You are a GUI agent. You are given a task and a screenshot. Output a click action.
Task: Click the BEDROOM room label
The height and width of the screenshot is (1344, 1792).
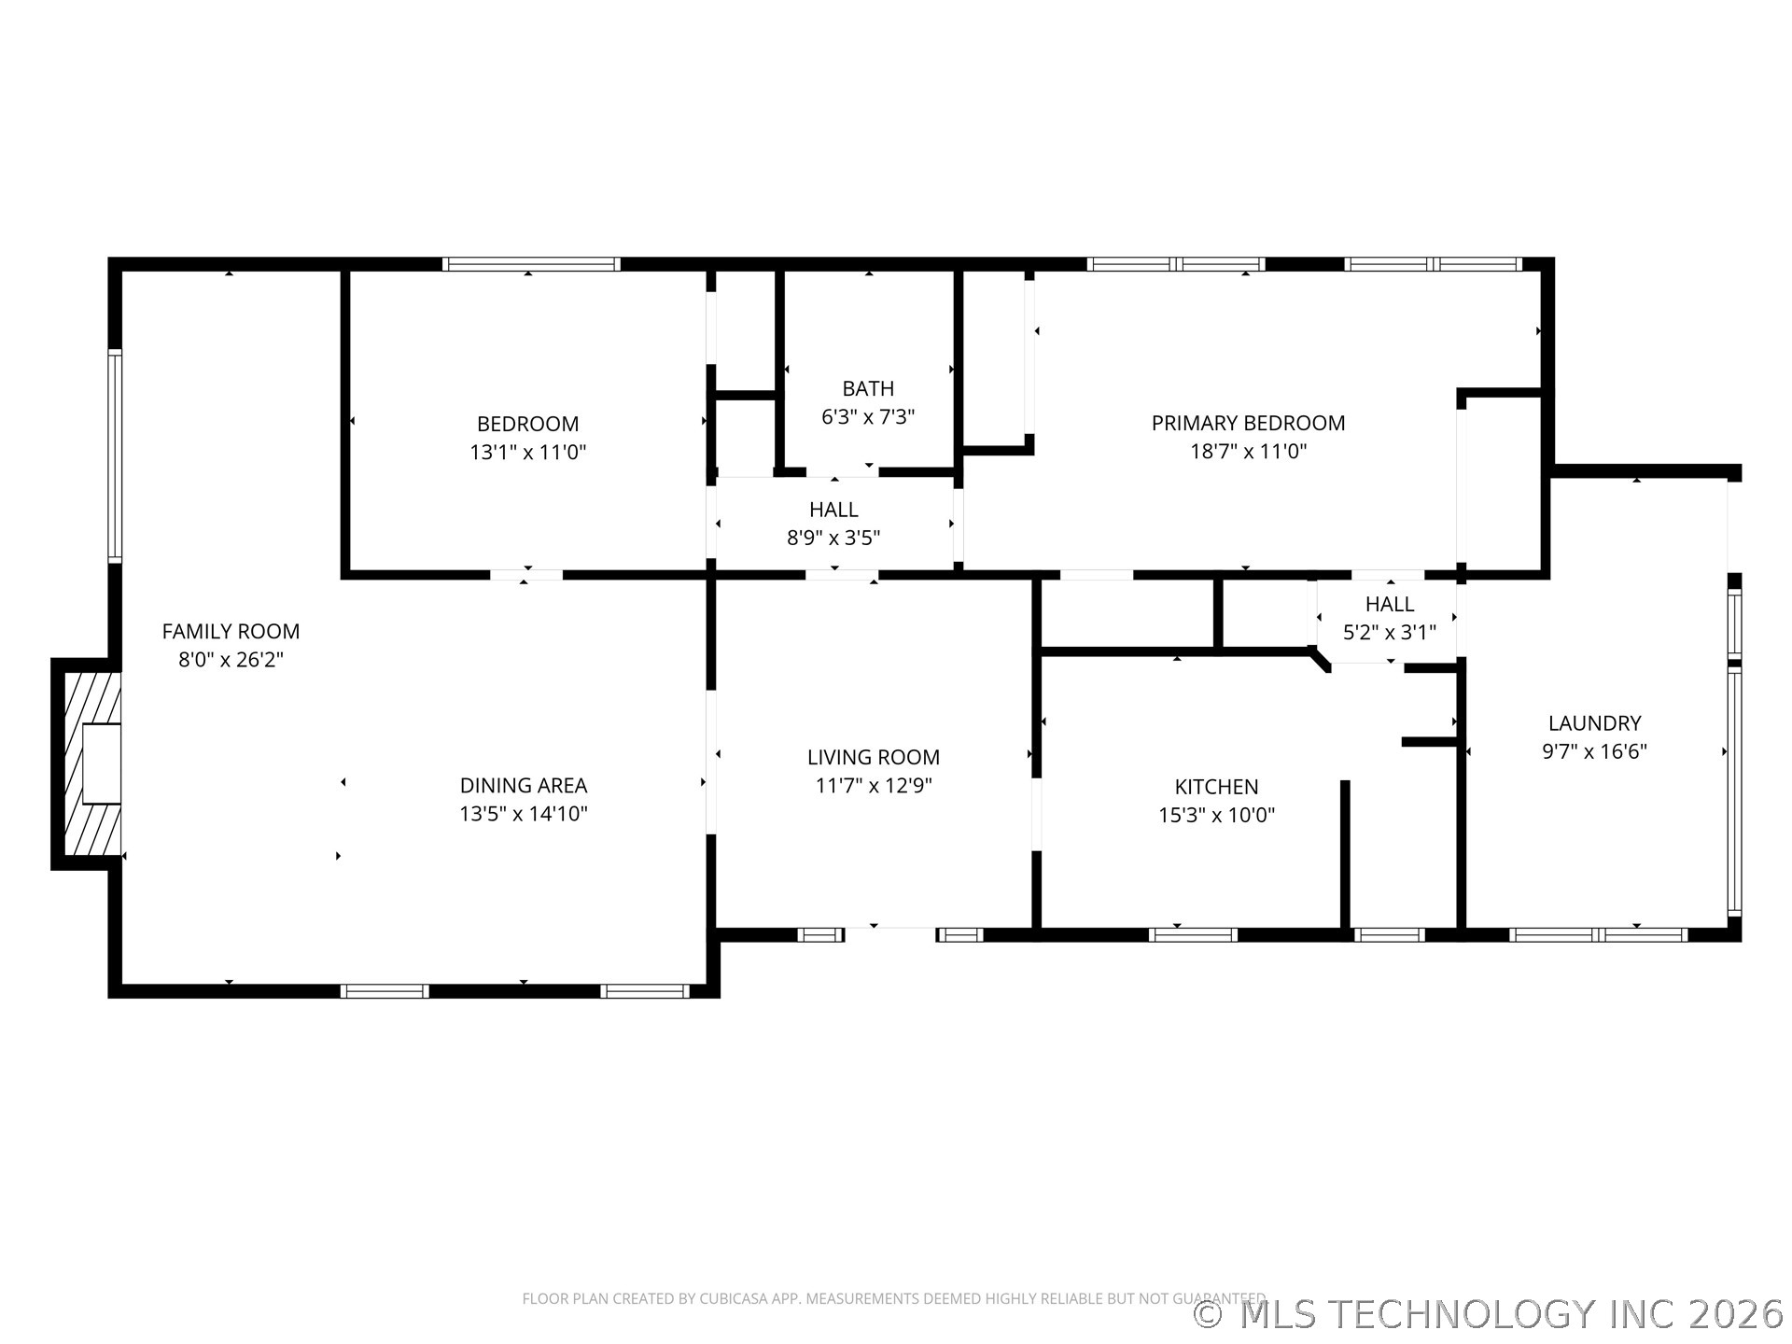[527, 424]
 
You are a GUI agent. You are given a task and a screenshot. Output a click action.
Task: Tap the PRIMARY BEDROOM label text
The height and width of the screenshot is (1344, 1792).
[1248, 423]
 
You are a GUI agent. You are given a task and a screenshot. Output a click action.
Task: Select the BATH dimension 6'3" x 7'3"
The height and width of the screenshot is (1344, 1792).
[868, 417]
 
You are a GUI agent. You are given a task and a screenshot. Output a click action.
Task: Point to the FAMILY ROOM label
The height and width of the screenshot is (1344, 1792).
[231, 631]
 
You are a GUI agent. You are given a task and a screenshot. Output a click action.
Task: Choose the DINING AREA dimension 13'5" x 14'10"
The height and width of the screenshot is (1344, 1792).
[523, 814]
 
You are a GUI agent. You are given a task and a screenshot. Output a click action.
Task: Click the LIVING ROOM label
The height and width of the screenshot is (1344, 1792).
[873, 757]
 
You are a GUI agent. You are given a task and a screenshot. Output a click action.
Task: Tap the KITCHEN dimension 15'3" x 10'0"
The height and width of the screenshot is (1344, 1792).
[1216, 816]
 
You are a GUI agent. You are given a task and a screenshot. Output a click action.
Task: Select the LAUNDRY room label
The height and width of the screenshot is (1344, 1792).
[1594, 722]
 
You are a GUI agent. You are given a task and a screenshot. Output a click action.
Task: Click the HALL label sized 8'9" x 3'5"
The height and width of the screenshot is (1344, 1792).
[833, 510]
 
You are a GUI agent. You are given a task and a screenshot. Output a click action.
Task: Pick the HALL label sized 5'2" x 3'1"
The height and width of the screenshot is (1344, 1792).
[1389, 604]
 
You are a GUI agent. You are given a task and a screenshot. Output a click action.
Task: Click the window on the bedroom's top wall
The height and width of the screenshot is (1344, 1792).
[531, 264]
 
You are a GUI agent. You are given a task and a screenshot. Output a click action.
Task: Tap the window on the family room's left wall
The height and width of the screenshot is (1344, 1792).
[115, 455]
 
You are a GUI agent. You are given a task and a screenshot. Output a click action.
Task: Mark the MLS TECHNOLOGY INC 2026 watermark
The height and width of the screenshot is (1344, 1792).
[1490, 1314]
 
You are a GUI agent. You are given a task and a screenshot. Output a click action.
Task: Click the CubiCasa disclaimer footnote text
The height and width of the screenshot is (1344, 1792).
[893, 1298]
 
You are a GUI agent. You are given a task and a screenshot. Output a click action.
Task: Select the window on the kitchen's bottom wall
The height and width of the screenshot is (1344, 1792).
[1193, 934]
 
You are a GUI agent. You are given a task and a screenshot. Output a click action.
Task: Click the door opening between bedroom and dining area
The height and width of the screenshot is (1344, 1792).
[526, 574]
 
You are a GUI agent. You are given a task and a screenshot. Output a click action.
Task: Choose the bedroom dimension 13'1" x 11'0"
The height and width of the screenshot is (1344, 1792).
[527, 453]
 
